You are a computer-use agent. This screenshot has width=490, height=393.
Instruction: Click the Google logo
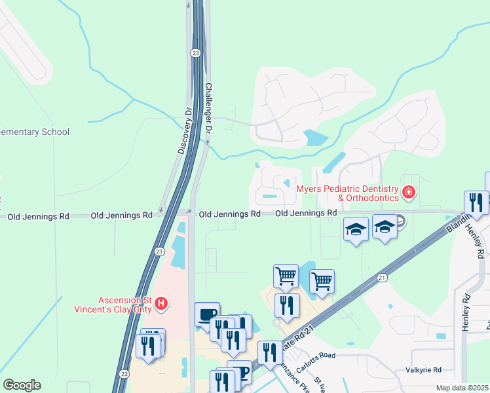[x=21, y=385]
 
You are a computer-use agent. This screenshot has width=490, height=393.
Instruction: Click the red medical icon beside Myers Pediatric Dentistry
[x=409, y=192]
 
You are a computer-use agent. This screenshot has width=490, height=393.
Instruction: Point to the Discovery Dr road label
[x=185, y=131]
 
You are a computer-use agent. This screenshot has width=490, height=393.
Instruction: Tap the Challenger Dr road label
[x=209, y=108]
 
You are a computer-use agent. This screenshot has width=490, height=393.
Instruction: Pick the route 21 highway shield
[x=383, y=278]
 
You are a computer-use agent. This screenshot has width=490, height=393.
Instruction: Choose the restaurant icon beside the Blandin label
[x=476, y=202]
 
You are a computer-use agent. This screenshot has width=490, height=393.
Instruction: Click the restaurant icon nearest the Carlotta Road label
[x=270, y=352]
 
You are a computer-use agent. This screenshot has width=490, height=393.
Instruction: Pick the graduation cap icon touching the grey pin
[x=385, y=227]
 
